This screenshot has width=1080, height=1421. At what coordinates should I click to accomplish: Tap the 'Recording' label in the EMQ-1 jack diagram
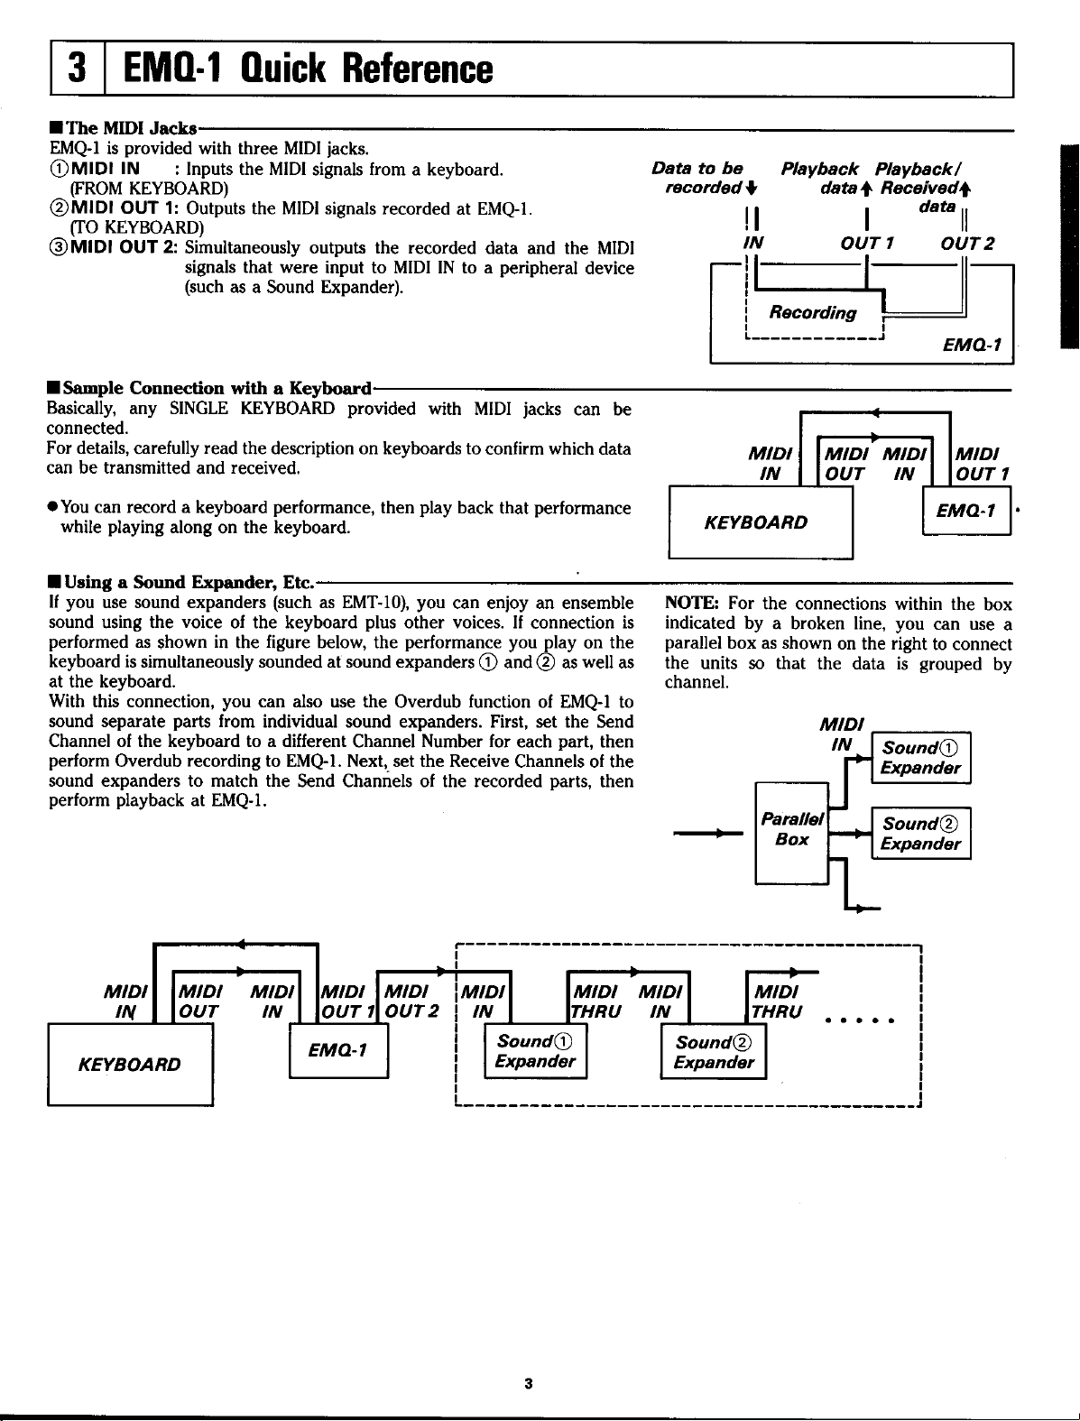coord(812,313)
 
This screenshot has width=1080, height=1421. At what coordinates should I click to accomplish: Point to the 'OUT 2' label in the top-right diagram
coord(966,243)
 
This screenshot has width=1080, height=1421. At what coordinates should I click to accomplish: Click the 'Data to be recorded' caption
coord(710,178)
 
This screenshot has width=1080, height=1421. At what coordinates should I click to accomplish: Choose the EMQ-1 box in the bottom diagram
coord(338,1052)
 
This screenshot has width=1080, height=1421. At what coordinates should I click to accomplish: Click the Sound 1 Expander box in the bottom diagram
coord(536,1052)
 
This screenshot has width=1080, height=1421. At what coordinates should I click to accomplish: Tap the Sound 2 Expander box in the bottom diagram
coord(714,1053)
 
